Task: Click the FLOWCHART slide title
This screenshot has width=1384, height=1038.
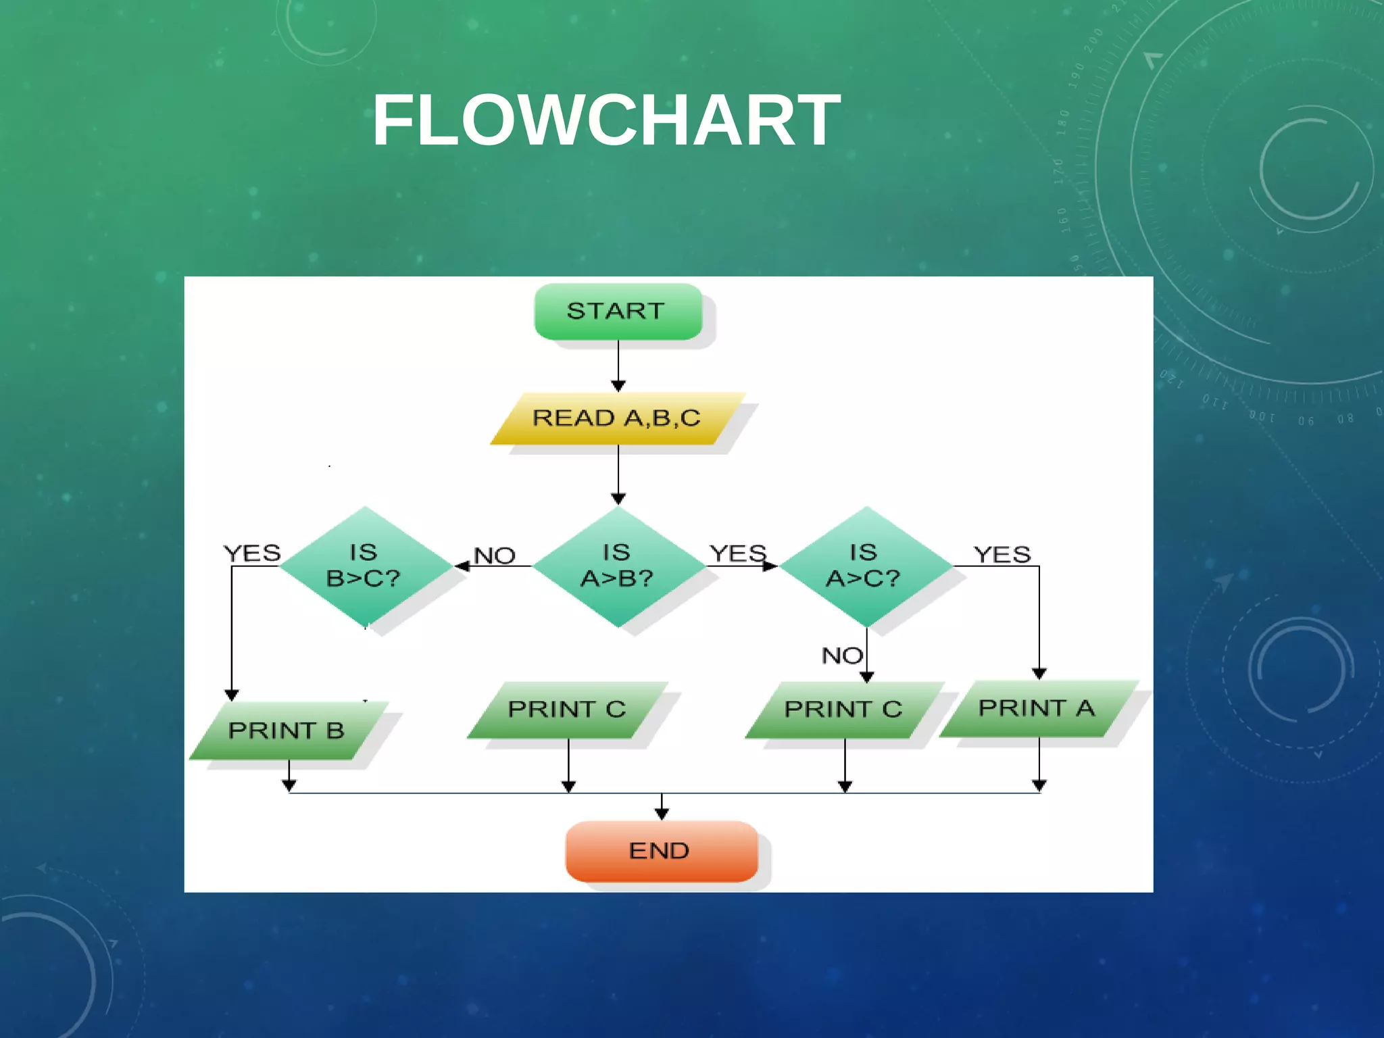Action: pyautogui.click(x=606, y=120)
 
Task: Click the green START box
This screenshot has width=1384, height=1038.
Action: pyautogui.click(x=618, y=312)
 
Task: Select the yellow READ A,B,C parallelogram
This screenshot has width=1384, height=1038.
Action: pyautogui.click(x=617, y=418)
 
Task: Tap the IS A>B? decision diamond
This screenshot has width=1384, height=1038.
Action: pyautogui.click(x=617, y=566)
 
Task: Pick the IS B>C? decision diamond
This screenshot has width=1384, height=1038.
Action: pyautogui.click(x=365, y=566)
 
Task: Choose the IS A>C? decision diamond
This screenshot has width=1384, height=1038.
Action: pyautogui.click(x=865, y=566)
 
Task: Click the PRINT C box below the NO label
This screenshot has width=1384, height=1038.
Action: pyautogui.click(x=843, y=710)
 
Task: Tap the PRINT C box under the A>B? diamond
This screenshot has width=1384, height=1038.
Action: pyautogui.click(x=567, y=710)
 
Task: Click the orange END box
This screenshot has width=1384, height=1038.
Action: pyautogui.click(x=661, y=851)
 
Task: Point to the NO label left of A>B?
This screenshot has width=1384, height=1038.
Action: pyautogui.click(x=495, y=556)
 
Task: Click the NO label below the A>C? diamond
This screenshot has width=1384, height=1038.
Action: pyautogui.click(x=841, y=656)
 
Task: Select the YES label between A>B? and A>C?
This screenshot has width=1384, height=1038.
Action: pyautogui.click(x=738, y=554)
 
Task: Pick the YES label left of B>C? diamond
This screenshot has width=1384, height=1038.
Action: pyautogui.click(x=252, y=553)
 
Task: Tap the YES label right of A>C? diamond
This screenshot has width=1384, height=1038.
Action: pyautogui.click(x=1002, y=555)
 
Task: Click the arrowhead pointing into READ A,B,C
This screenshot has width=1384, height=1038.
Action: pyautogui.click(x=618, y=386)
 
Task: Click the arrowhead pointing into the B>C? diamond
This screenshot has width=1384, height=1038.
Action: pyautogui.click(x=462, y=566)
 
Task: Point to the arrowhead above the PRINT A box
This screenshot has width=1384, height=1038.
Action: pyautogui.click(x=1039, y=674)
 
